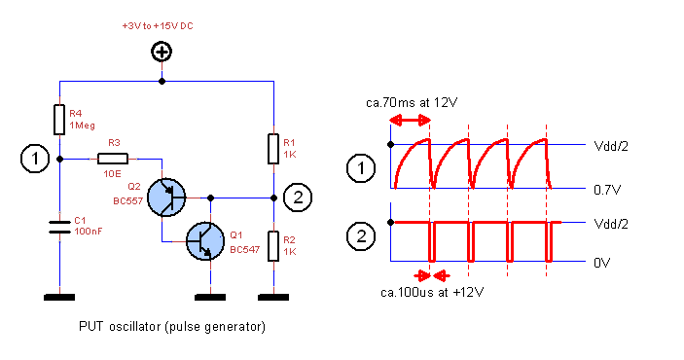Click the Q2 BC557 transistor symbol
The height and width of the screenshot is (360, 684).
tap(169, 197)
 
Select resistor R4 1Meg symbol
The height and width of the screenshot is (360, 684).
tap(60, 120)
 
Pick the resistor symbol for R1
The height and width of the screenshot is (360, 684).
tap(273, 149)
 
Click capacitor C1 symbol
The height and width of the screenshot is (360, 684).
tap(60, 230)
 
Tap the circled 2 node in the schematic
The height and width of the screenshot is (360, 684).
tap(299, 198)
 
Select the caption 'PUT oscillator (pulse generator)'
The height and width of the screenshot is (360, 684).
tap(171, 326)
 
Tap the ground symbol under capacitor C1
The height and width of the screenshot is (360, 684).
tap(60, 295)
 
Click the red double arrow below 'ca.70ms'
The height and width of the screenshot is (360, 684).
tap(409, 120)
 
